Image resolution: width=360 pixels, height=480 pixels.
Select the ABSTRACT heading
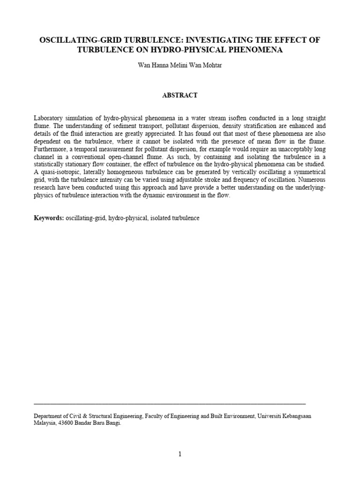click(x=180, y=95)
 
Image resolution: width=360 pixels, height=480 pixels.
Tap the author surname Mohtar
click(x=212, y=65)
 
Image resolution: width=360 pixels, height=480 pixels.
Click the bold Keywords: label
click(x=49, y=218)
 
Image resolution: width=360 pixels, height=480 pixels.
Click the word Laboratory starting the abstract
click(x=49, y=118)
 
